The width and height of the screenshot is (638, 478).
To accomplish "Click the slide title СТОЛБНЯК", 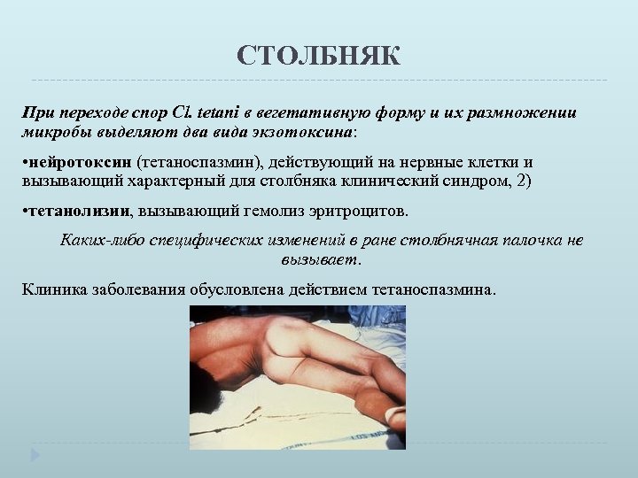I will point(318,58).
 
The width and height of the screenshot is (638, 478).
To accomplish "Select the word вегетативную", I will point(304,113).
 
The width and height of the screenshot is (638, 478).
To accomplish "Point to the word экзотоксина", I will point(307,132).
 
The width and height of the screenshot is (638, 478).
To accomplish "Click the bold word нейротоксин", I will point(81,163).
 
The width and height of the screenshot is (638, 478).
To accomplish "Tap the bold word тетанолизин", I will point(80,212).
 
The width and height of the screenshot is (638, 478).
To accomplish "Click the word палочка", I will point(532,241).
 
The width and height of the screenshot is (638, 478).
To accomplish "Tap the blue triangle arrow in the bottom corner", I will point(35,456).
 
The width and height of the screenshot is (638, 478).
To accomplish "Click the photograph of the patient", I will point(298,377).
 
